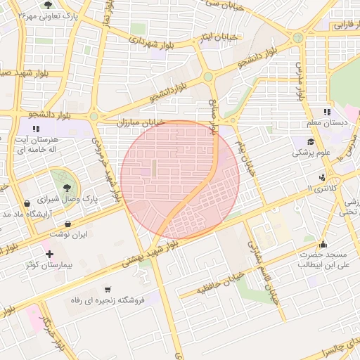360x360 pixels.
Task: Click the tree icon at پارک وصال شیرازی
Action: click(67, 187)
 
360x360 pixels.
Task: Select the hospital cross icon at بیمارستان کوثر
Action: click(49, 254)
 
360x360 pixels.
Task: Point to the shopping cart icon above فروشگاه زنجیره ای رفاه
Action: click(107, 289)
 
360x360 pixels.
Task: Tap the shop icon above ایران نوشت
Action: click(67, 224)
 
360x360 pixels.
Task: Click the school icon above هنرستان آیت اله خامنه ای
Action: click(37, 127)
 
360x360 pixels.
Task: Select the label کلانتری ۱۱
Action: click(323, 189)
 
